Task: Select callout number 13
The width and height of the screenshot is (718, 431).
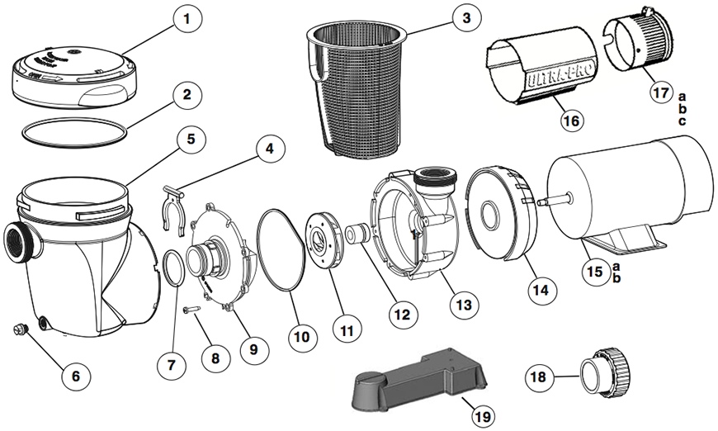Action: [x=463, y=305]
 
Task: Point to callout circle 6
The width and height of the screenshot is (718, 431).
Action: [x=75, y=376]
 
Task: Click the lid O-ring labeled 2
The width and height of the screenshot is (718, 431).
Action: [x=75, y=130]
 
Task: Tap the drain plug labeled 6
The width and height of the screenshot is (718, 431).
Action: [x=20, y=330]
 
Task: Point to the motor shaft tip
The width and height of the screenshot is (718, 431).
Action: [x=541, y=201]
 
